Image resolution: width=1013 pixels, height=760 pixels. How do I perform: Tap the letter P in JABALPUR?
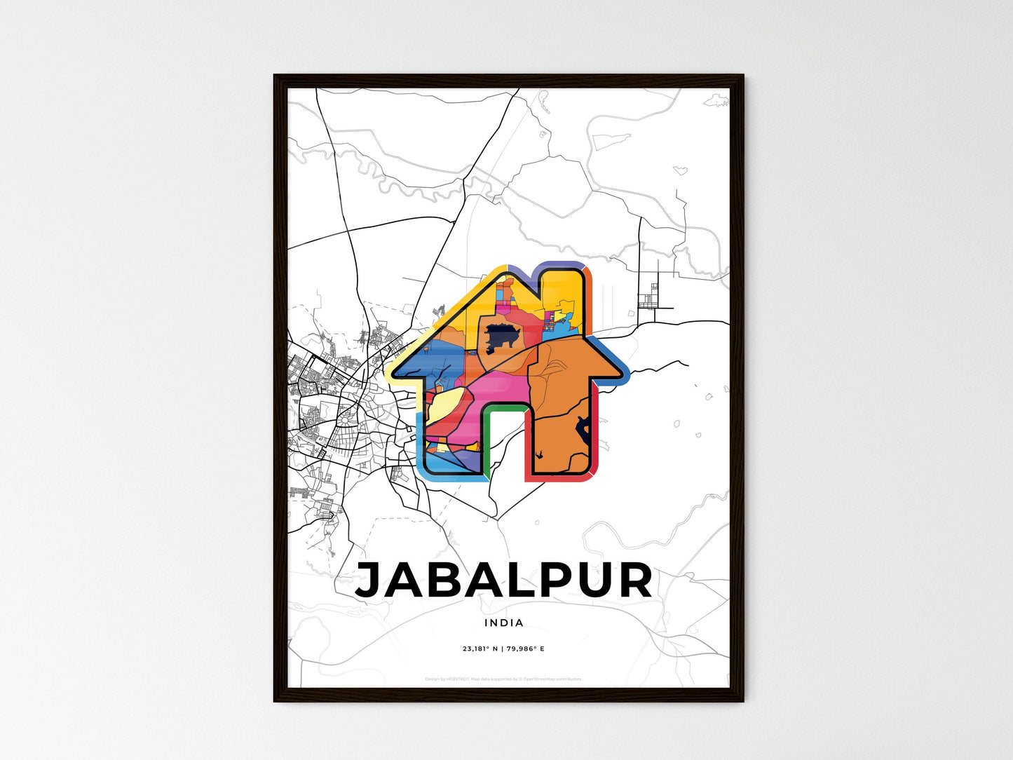(x=549, y=581)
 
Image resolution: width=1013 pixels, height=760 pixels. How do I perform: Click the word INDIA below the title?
(x=503, y=623)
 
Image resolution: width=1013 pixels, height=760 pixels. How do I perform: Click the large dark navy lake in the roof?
(x=503, y=338)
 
